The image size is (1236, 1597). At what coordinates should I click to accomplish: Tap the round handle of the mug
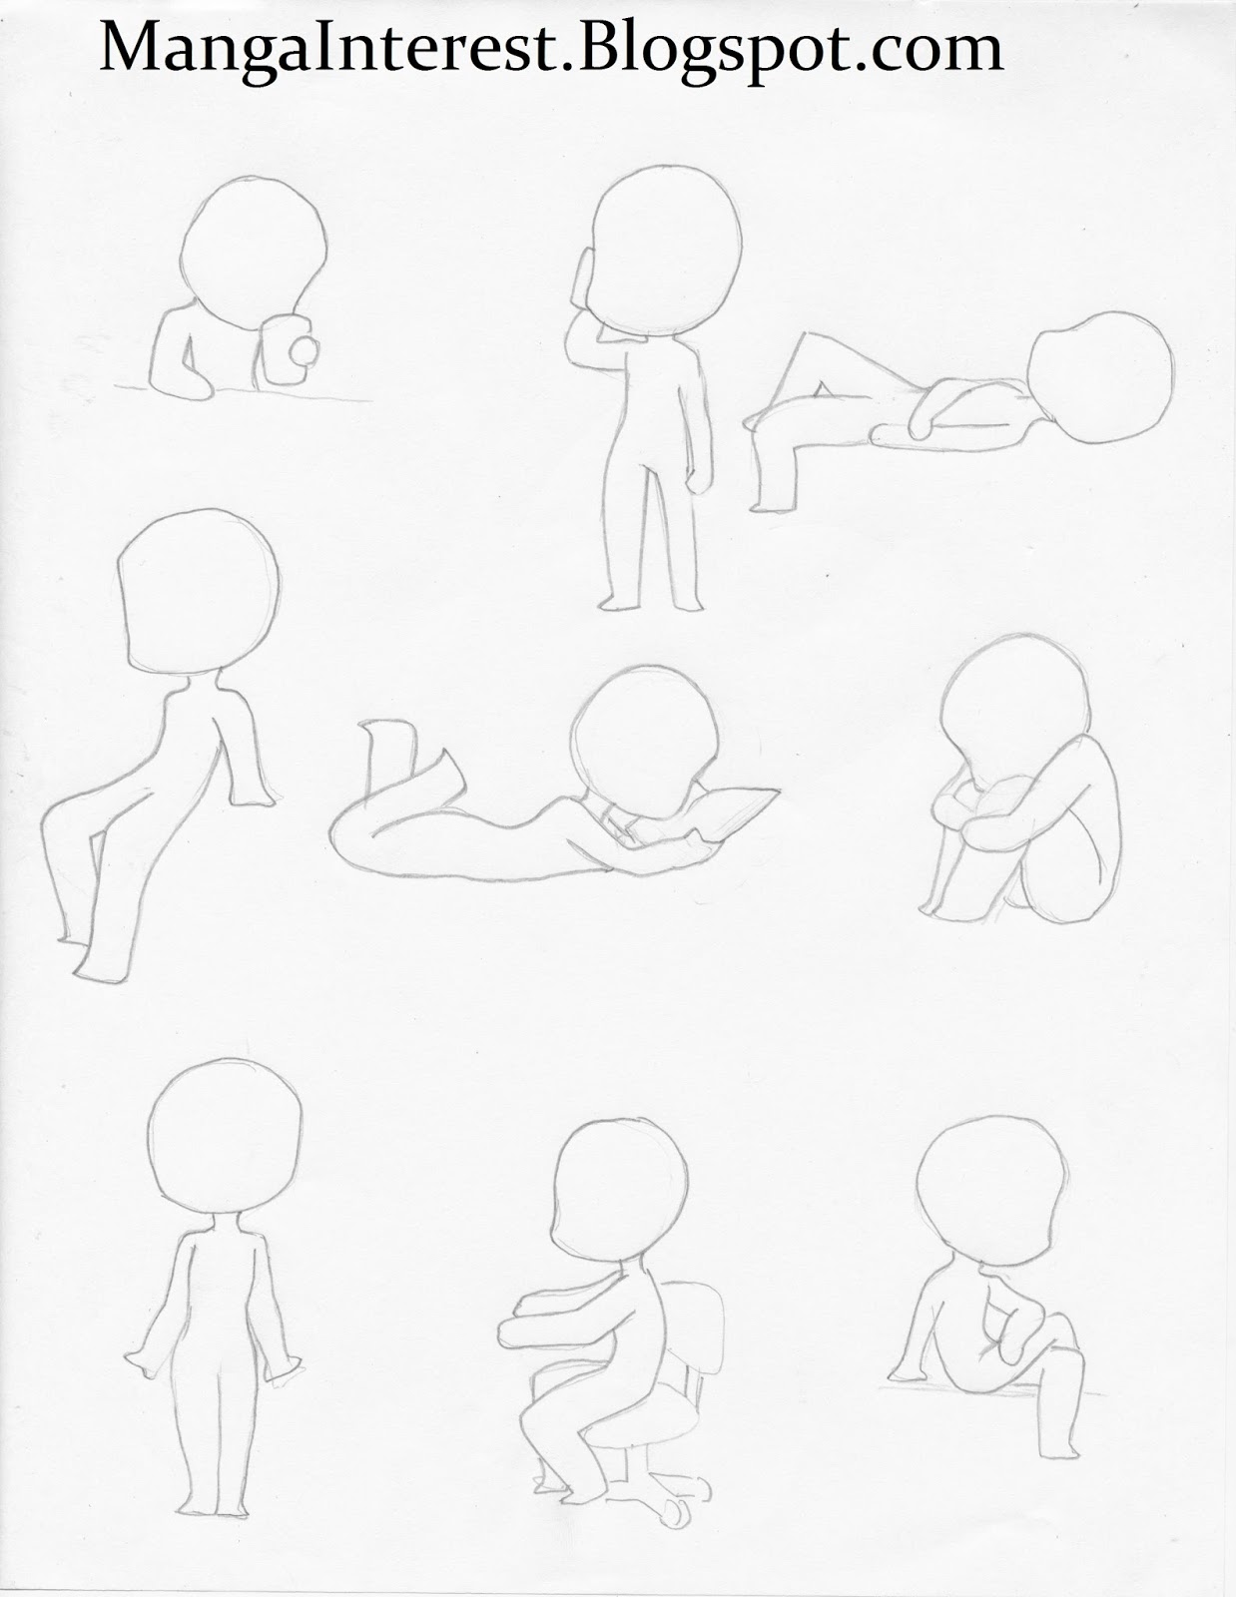304,352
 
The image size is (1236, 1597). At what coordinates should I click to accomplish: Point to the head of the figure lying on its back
1100,377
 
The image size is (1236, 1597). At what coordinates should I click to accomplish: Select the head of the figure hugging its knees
1014,707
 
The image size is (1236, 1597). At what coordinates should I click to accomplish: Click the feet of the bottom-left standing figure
213,1511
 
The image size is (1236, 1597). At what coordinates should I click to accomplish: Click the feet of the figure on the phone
651,604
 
